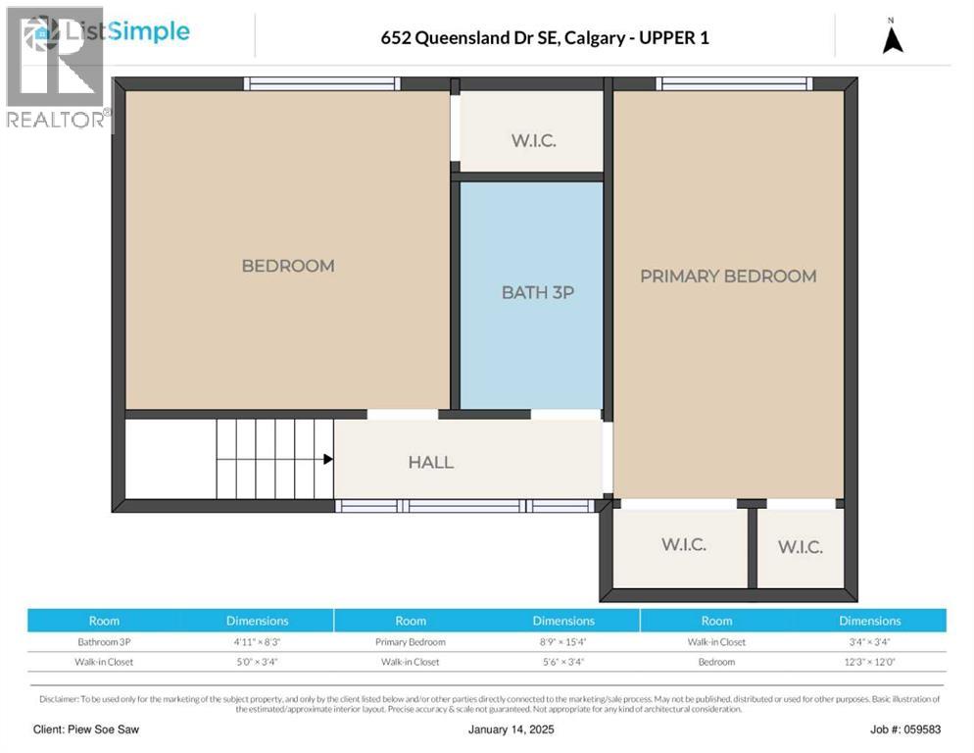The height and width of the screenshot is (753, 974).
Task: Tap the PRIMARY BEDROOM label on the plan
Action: pos(727,276)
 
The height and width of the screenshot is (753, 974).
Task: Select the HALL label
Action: pos(431,462)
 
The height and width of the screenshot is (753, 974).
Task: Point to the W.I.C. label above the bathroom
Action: pos(533,140)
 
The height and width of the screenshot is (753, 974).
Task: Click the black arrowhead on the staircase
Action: pos(328,459)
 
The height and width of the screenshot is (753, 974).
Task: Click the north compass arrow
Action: pos(892,39)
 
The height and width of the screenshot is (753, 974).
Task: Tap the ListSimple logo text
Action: pos(125,31)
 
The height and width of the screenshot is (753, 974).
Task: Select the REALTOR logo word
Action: pos(56,120)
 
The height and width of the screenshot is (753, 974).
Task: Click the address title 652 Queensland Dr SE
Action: pos(544,38)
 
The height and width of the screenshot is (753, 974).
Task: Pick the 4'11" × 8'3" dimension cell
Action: pos(257,642)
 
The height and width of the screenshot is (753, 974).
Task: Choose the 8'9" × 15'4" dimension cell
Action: pos(563,642)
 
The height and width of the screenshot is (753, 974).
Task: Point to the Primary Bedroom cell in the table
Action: pos(411,642)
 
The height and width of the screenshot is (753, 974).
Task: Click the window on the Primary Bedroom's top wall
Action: pos(735,83)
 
